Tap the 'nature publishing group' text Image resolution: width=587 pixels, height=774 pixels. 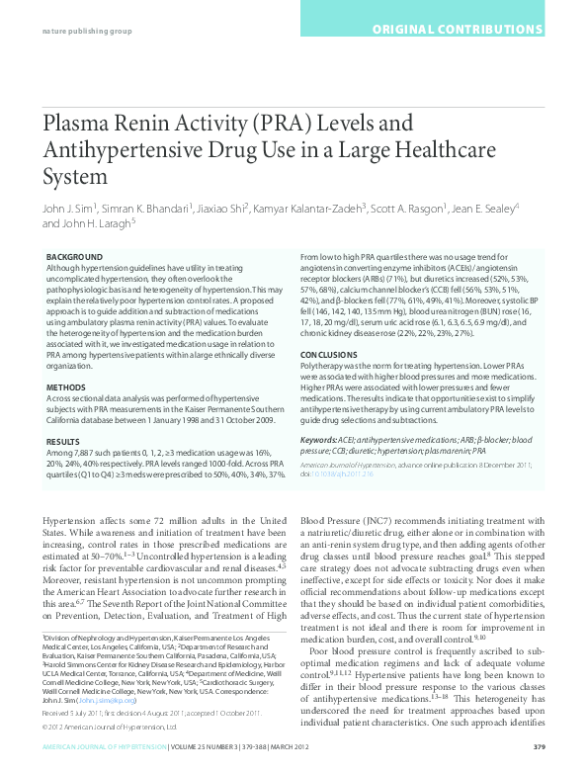pyautogui.click(x=88, y=31)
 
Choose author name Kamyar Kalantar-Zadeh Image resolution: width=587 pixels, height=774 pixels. pyautogui.click(x=310, y=209)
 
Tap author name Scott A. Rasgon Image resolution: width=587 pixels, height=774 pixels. pyautogui.click(x=408, y=209)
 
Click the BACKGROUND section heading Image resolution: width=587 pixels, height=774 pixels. pyautogui.click(x=73, y=257)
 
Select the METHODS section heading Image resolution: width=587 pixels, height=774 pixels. pyautogui.click(x=66, y=387)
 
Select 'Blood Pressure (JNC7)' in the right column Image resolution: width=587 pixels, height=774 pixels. pyautogui.click(x=349, y=520)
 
